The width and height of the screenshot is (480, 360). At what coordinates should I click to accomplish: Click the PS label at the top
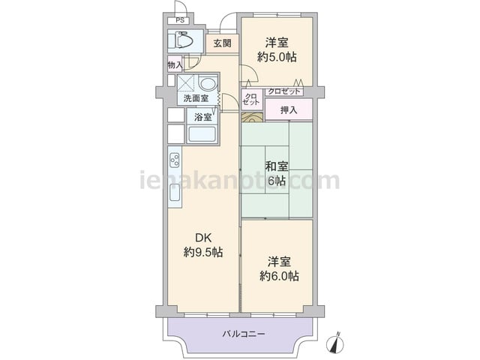[180, 21]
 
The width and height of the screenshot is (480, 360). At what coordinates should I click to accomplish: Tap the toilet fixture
[181, 40]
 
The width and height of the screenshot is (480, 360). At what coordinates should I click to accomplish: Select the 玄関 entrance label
[222, 43]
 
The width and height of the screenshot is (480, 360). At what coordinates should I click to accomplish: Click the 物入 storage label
[175, 65]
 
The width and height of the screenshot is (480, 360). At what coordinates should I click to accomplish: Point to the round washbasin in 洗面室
[208, 83]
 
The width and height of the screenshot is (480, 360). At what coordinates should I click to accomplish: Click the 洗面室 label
[196, 98]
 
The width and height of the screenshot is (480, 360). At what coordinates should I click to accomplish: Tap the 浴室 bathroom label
[203, 117]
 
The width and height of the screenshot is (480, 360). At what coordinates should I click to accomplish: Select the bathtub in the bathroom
[202, 134]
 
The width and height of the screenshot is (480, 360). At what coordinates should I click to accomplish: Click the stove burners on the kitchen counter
[175, 160]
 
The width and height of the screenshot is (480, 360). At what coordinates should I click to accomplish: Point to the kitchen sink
[175, 193]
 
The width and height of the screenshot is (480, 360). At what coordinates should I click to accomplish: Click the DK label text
[203, 238]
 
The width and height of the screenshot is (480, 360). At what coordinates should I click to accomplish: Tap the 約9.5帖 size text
[203, 252]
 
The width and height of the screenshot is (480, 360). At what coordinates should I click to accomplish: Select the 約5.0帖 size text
[277, 57]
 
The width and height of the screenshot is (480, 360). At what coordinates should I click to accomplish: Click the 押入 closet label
[289, 110]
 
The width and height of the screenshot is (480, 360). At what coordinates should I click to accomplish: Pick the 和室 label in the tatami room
[277, 166]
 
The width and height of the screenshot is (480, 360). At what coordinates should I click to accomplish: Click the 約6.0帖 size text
[279, 276]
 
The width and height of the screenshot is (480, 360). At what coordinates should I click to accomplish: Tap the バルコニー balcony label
[244, 333]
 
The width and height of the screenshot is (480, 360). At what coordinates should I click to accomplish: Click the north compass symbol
[337, 343]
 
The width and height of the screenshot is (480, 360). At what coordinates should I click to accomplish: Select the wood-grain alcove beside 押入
[252, 117]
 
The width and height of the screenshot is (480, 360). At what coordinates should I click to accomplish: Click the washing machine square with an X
[186, 83]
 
